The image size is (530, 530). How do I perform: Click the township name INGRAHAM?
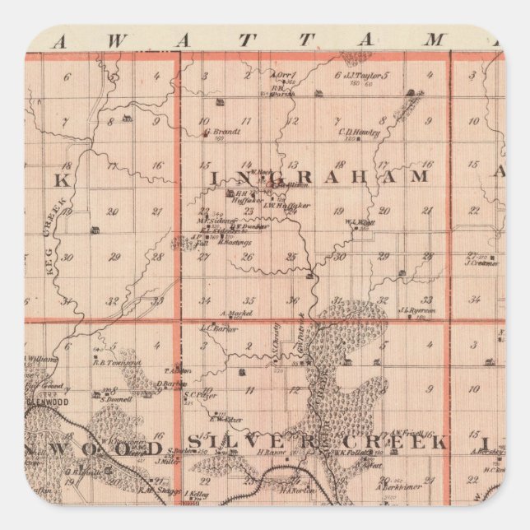click(322, 177)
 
